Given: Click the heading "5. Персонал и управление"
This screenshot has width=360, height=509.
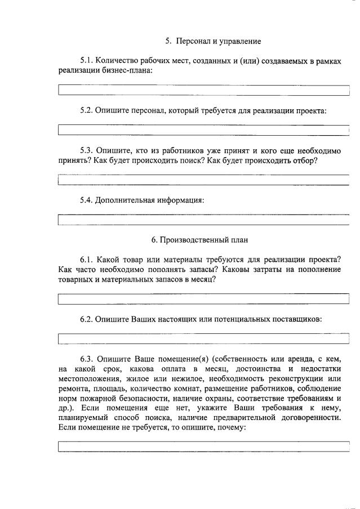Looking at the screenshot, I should pos(212,41).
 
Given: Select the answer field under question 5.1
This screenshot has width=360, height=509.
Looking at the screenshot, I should pos(204,90).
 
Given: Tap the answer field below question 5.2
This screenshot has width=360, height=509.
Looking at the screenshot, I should pos(204,130).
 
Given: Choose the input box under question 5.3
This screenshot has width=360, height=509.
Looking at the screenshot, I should pos(204,180).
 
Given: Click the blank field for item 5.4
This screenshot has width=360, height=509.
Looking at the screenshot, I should pos(204,220).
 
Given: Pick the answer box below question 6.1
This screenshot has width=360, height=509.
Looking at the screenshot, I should pos(204,299).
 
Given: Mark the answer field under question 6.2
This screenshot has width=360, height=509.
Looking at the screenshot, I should pos(204,338).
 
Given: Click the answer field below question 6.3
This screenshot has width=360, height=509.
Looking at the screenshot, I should pos(204,447).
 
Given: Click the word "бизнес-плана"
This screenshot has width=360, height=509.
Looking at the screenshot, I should pos(129,70).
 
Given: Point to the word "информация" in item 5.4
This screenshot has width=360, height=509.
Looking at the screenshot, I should pos(179,200).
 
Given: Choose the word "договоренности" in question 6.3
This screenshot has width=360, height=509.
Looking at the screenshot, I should pos(309,417).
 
